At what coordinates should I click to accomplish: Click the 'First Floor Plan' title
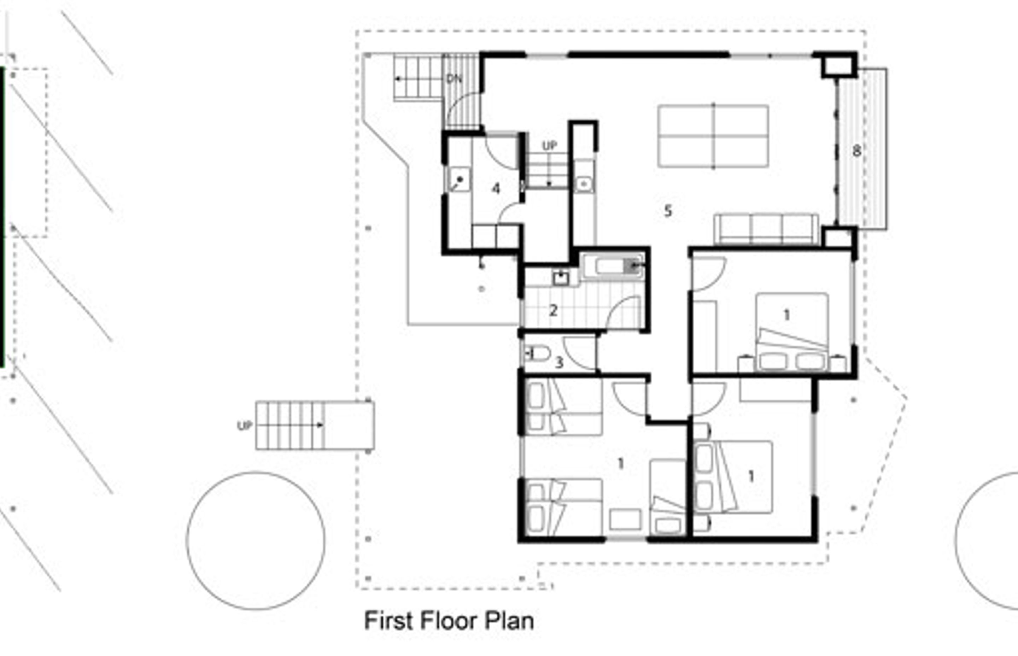[x=449, y=621]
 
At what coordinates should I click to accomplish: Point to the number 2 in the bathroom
[x=553, y=311]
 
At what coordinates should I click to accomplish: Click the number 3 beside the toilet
[x=559, y=363]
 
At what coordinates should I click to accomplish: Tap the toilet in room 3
[x=537, y=353]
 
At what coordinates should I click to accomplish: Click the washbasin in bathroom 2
[x=561, y=278]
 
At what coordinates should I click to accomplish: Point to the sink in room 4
[x=459, y=179]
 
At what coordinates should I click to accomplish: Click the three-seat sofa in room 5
[x=766, y=229]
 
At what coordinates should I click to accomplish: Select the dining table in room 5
[x=713, y=136]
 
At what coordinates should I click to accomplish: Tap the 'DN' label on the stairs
[x=454, y=78]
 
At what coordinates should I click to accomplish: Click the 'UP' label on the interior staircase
[x=549, y=146]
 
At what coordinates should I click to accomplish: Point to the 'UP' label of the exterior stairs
[x=245, y=426]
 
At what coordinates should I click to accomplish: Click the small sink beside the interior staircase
[x=584, y=184]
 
